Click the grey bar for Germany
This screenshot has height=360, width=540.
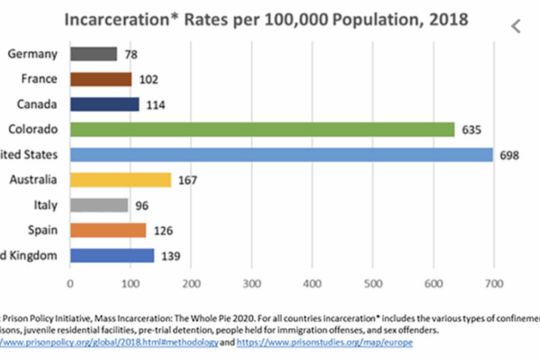94,54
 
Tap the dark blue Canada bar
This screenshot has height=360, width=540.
104,104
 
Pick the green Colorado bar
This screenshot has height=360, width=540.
262,130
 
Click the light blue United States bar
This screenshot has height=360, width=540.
281,155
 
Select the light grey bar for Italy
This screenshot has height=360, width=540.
99,205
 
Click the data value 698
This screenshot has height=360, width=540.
510,155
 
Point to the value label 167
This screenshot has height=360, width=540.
189,180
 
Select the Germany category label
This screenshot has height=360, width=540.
33,54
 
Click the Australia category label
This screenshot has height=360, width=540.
32,180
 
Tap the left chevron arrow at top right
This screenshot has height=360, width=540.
516,26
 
